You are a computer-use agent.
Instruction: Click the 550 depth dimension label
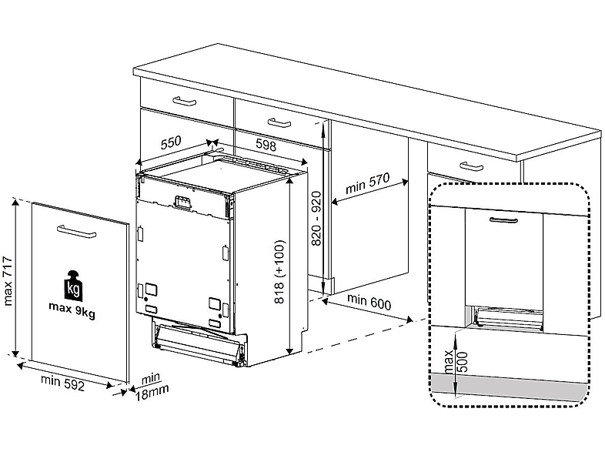[x=171, y=142]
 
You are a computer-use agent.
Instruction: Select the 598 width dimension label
[x=266, y=145]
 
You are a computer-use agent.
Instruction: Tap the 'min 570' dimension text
[x=368, y=182]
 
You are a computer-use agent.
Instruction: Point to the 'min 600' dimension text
[x=369, y=302]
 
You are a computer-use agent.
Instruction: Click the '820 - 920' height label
[x=316, y=219]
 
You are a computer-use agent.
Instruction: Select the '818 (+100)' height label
[x=279, y=272]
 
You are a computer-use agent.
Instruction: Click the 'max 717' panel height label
[x=8, y=281]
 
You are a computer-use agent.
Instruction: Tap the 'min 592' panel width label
[x=62, y=383]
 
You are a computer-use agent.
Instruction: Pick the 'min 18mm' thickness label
[x=152, y=387]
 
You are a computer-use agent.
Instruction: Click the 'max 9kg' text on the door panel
[x=72, y=310]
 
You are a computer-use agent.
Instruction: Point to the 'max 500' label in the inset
[x=456, y=362]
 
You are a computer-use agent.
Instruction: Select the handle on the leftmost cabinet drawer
[x=185, y=101]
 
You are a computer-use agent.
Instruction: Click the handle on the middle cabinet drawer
[x=279, y=123]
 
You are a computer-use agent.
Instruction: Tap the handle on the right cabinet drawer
[x=471, y=166]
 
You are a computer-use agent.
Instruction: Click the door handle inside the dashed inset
[x=503, y=220]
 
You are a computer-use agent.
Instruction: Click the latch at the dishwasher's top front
[x=182, y=203]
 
